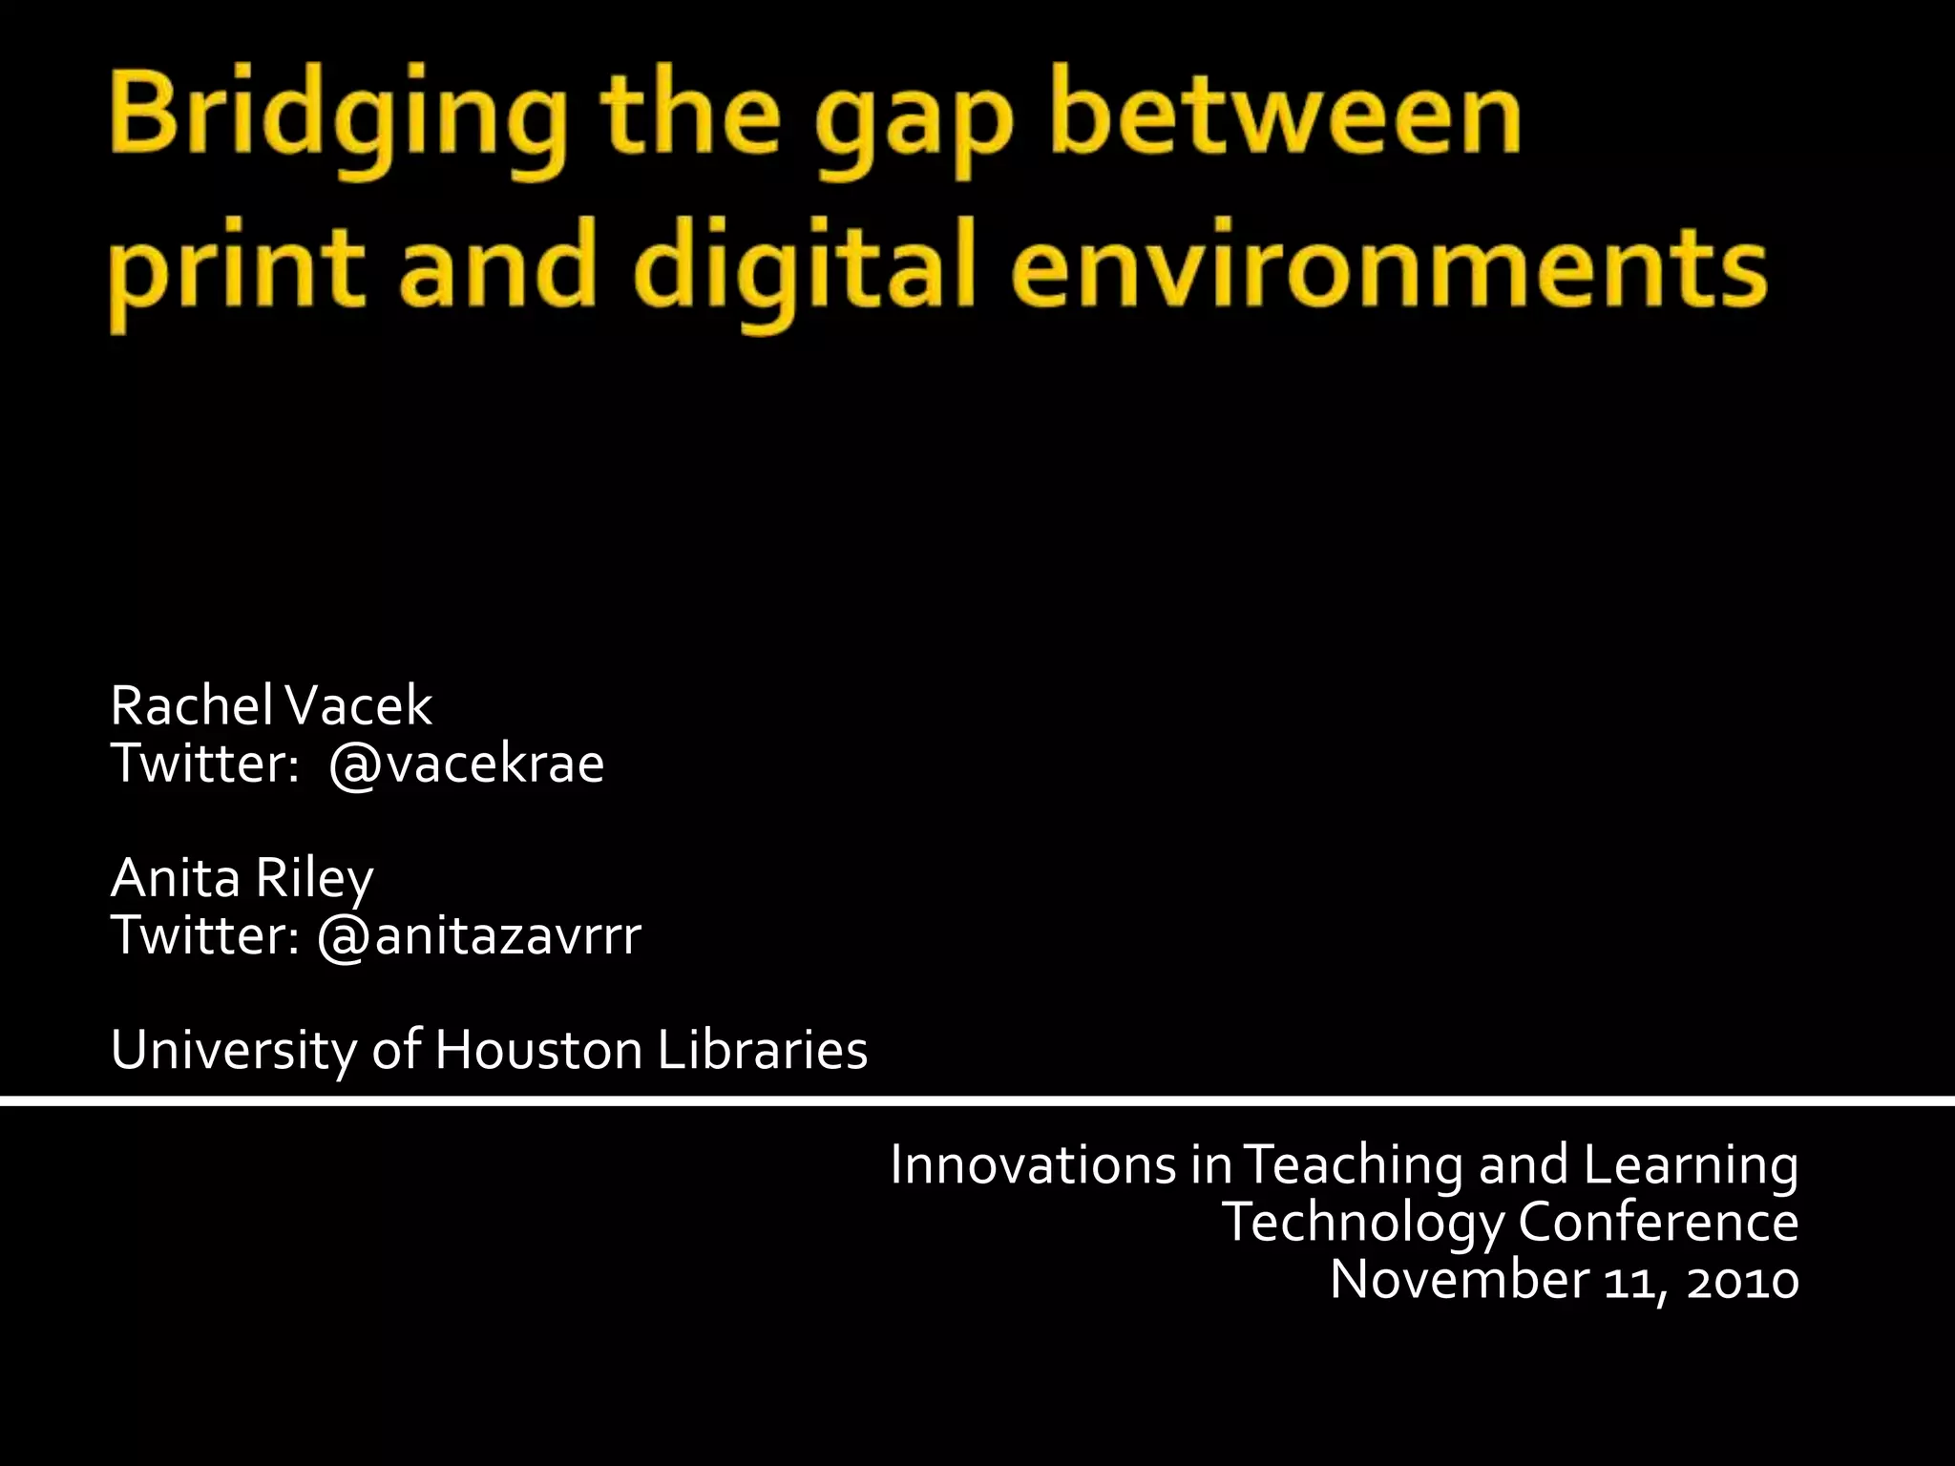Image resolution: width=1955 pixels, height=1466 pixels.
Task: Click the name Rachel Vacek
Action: click(271, 706)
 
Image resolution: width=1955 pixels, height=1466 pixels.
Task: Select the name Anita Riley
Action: click(242, 878)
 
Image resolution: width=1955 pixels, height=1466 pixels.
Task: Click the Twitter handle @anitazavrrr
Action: click(479, 935)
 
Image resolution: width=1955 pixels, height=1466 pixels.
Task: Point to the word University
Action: click(232, 1050)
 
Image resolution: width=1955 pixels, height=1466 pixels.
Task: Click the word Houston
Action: click(538, 1050)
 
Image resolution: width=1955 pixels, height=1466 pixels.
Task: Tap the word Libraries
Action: click(762, 1050)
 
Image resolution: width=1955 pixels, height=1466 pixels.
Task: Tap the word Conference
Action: click(1658, 1222)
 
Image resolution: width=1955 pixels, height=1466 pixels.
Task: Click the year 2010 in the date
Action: click(1742, 1280)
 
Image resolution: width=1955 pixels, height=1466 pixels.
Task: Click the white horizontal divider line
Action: click(977, 1101)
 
